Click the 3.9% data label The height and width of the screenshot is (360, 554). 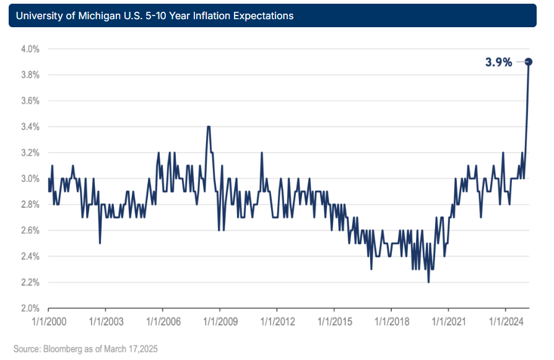[499, 62]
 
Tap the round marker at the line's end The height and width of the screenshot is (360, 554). [529, 61]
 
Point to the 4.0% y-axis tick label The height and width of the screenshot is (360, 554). [28, 49]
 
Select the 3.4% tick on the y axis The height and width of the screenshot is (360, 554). [28, 127]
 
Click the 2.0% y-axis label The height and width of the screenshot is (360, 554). [28, 308]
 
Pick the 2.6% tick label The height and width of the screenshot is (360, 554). [28, 231]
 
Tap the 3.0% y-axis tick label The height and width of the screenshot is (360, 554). [28, 179]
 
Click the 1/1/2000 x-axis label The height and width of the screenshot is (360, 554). [48, 322]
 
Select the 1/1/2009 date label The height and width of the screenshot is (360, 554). [220, 322]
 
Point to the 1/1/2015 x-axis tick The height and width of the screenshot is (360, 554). [334, 322]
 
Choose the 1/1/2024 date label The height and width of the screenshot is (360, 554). [506, 322]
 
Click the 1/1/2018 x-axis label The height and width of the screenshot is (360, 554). [391, 322]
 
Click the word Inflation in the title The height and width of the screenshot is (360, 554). [199, 16]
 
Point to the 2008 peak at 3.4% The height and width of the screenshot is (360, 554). [209, 127]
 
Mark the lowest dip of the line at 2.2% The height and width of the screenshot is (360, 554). [428, 282]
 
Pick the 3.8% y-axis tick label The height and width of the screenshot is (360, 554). [28, 75]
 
